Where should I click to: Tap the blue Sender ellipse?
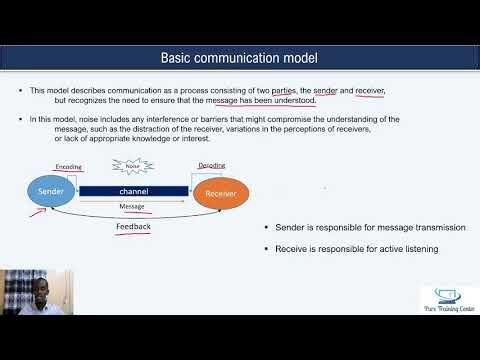click(49, 189)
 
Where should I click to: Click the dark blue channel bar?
click(134, 190)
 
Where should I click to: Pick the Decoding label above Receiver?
click(211, 165)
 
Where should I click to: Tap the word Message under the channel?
click(132, 206)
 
